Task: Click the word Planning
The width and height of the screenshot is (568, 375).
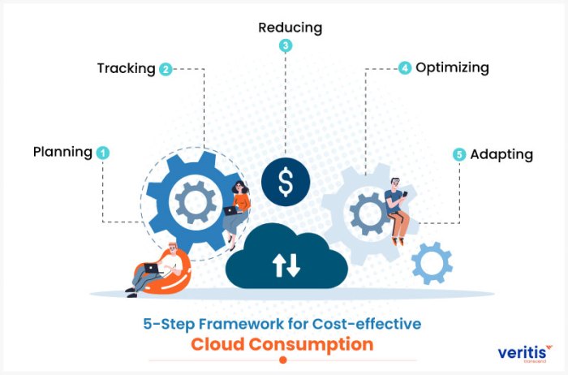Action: (x=62, y=153)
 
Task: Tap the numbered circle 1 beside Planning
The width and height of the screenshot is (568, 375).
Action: (x=103, y=153)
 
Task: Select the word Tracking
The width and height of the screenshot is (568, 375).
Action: (x=127, y=68)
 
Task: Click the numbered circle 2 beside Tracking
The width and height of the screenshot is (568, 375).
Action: (x=166, y=69)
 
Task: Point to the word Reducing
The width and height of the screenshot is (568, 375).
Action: (x=290, y=28)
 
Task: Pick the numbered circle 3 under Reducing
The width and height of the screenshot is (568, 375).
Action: (x=286, y=45)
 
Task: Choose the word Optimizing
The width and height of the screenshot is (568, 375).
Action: (x=452, y=67)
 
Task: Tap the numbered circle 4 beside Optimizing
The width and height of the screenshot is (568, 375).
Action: (x=405, y=67)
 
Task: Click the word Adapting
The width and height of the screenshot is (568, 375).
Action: (x=501, y=155)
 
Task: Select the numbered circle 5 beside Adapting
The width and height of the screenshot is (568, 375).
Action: (x=459, y=155)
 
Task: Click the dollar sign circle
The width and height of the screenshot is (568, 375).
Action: (x=286, y=182)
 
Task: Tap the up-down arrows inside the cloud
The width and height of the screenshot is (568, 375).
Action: (x=286, y=265)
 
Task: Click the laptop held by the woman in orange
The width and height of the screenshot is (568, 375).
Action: (x=230, y=211)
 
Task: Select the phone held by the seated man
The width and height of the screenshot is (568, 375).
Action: (x=405, y=194)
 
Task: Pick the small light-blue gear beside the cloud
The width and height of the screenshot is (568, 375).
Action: (x=432, y=263)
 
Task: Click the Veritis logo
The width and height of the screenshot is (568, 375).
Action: (x=525, y=353)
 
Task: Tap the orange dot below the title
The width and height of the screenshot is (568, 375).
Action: (x=283, y=360)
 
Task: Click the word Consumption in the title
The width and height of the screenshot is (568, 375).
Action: (x=311, y=344)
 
